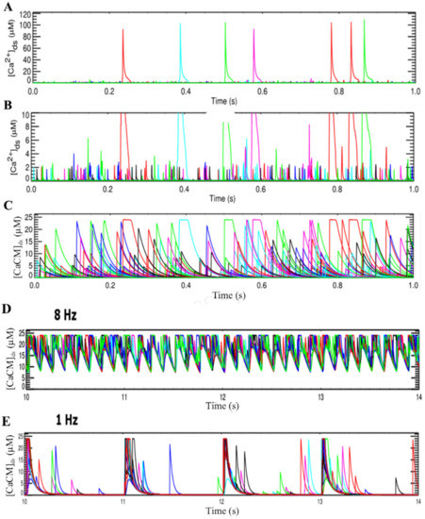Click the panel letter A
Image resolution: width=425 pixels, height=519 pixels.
pyautogui.click(x=8, y=8)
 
